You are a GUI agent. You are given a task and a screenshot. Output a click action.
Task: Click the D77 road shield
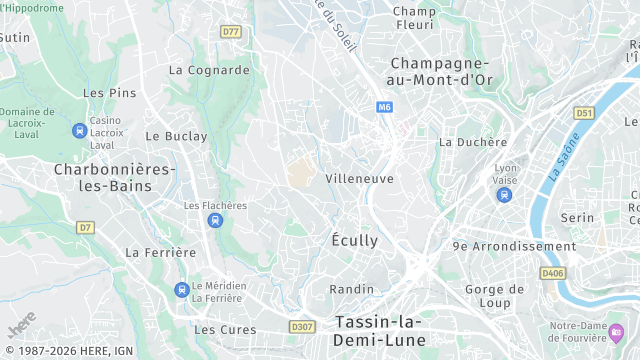(x=231, y=31)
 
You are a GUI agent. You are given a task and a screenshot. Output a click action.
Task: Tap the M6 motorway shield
(x=385, y=106)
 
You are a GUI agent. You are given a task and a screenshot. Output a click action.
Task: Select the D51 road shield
(x=584, y=113)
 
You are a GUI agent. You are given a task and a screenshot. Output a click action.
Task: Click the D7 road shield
(x=85, y=227)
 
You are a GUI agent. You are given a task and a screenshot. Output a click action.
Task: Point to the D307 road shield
(x=301, y=326)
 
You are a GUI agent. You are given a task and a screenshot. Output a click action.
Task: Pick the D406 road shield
(x=552, y=272)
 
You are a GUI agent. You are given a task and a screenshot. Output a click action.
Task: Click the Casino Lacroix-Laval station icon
(x=79, y=131)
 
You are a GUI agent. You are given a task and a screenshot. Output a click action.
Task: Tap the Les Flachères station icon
(x=215, y=220)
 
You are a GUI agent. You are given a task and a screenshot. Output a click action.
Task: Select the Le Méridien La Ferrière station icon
(x=181, y=290)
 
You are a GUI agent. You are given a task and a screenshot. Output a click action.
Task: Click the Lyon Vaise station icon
(x=505, y=193)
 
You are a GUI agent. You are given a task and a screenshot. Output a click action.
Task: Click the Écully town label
(x=355, y=241)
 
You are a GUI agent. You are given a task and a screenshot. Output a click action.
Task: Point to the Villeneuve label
(x=359, y=178)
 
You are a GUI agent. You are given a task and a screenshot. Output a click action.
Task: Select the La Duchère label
(x=473, y=142)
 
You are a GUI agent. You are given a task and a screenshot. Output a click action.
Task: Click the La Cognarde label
(x=209, y=70)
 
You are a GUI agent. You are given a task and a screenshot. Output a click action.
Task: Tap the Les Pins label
(x=109, y=93)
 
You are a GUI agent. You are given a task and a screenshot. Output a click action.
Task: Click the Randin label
(x=352, y=289)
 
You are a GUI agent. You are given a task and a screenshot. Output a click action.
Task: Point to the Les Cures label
(x=219, y=329)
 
